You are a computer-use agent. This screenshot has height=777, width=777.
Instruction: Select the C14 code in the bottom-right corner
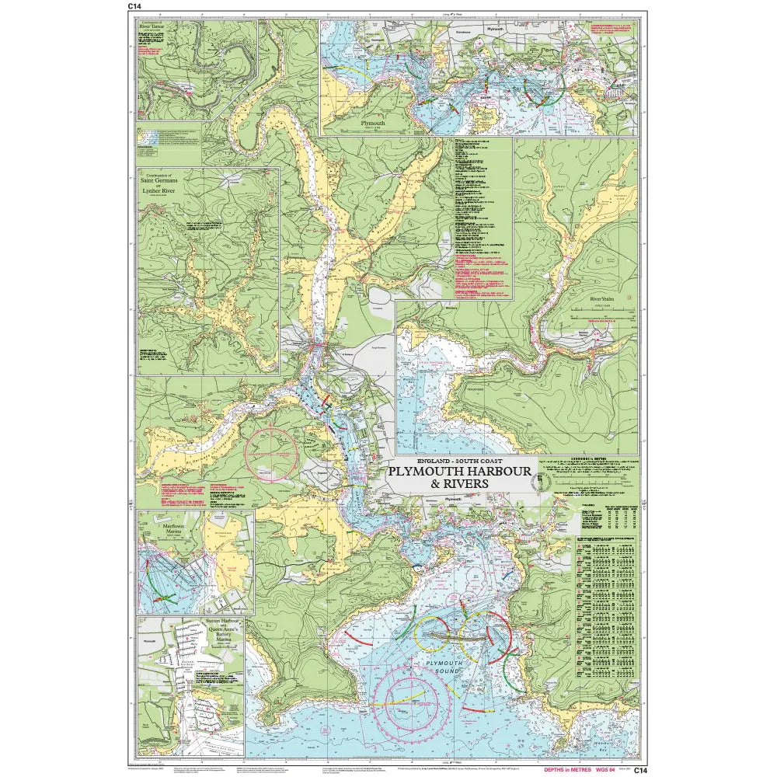[x=639, y=770]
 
